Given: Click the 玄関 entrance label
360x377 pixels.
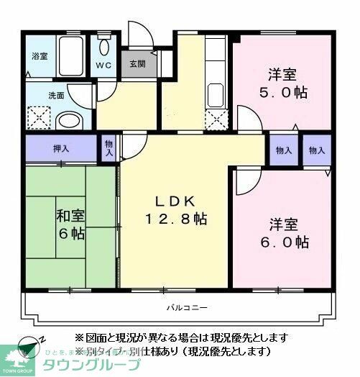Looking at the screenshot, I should [137, 63].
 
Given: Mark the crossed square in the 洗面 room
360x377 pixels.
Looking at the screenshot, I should [37, 117].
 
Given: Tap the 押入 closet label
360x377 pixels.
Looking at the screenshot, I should [61, 150].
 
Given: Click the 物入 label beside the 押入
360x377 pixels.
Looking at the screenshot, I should [109, 149].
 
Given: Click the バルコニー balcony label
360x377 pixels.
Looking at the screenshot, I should [188, 308].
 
